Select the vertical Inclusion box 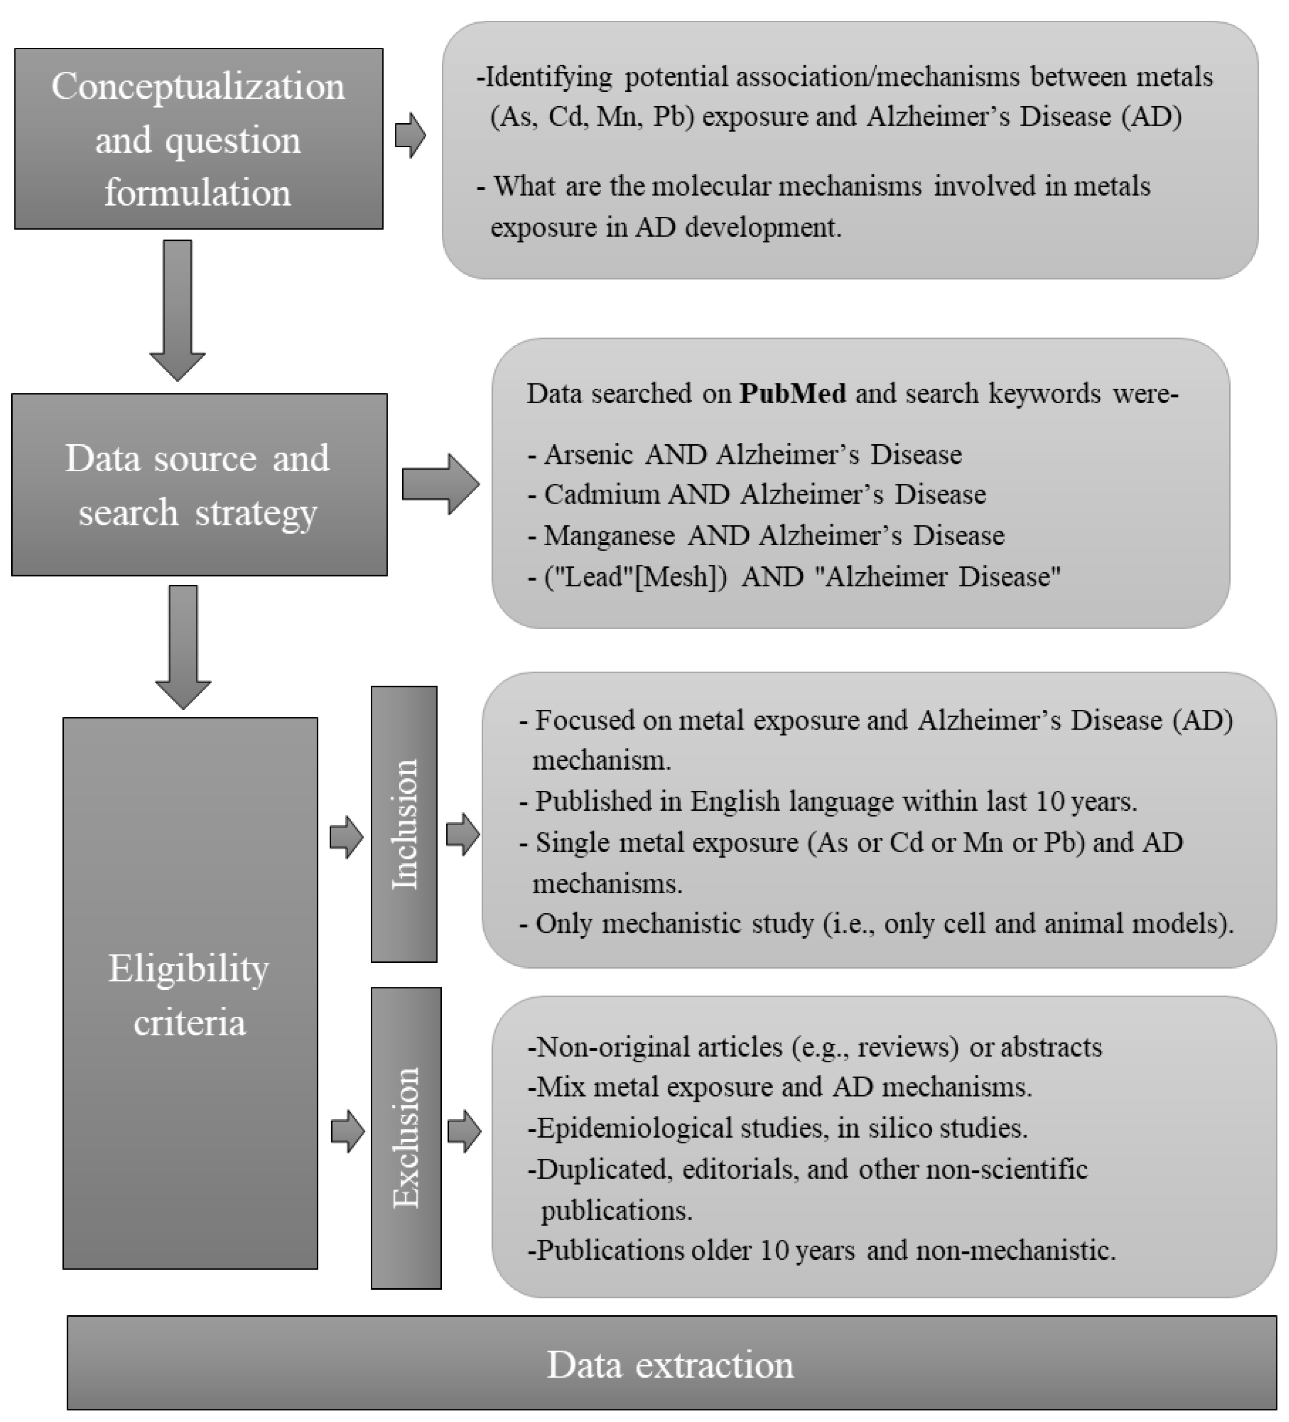pos(404,824)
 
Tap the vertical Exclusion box pos(406,1137)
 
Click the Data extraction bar pos(672,1365)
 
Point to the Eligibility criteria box pos(190,995)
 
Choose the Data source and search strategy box pos(199,485)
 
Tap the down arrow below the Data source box pos(183,646)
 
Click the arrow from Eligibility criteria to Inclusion pos(346,837)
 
